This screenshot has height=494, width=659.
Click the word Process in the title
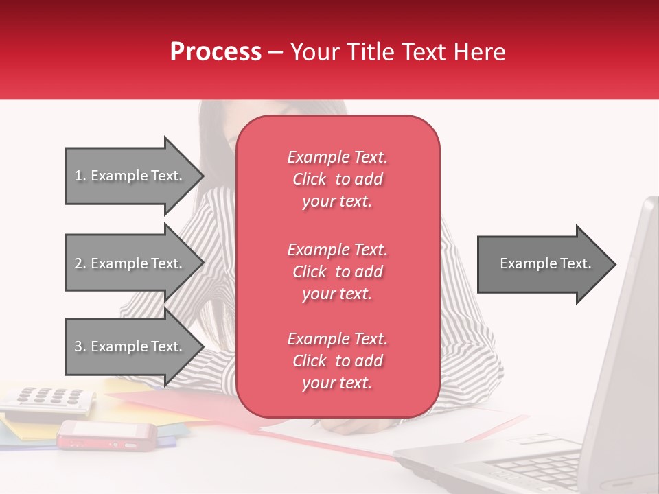tap(216, 51)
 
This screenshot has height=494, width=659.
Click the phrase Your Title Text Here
tap(398, 51)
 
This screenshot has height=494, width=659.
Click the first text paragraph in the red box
tap(337, 179)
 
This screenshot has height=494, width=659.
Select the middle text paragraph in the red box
tap(337, 272)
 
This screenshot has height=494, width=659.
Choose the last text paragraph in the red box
tap(337, 361)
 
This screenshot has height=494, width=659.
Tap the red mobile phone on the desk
tap(106, 435)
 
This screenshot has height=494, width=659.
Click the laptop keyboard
tap(542, 467)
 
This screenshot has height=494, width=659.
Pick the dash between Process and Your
tap(276, 52)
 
